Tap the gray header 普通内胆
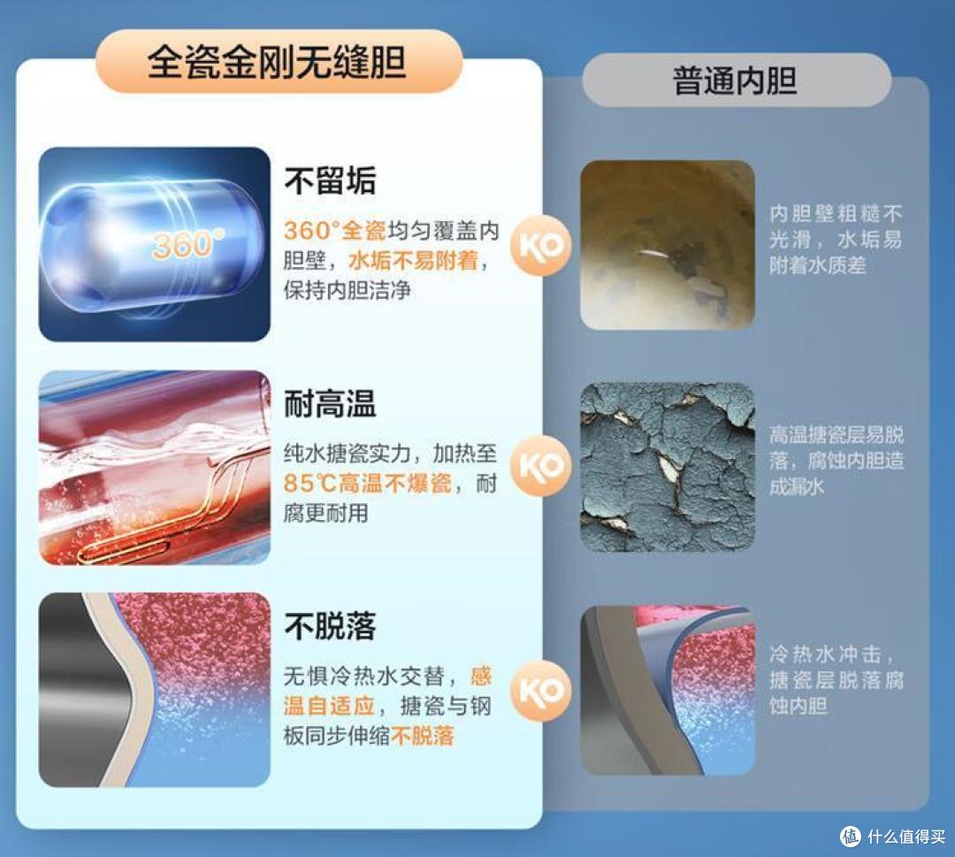click(735, 80)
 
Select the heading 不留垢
click(330, 181)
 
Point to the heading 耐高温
click(330, 404)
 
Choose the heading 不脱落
click(330, 626)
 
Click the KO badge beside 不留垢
click(541, 245)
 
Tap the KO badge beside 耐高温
click(541, 466)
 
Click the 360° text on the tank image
click(187, 244)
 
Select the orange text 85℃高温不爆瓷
click(378, 485)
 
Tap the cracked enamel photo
click(668, 466)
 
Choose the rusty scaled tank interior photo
click(668, 245)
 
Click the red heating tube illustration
click(154, 467)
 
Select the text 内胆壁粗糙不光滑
click(836, 226)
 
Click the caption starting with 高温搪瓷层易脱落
click(836, 460)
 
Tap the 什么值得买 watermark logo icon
click(850, 835)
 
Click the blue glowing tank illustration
click(154, 245)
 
